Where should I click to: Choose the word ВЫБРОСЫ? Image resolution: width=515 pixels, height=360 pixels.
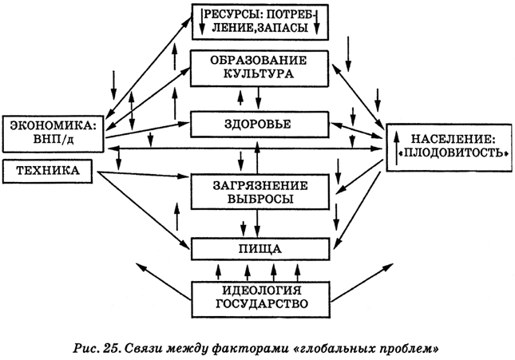260,199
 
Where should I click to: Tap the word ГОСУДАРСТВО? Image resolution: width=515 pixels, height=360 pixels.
260,304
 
